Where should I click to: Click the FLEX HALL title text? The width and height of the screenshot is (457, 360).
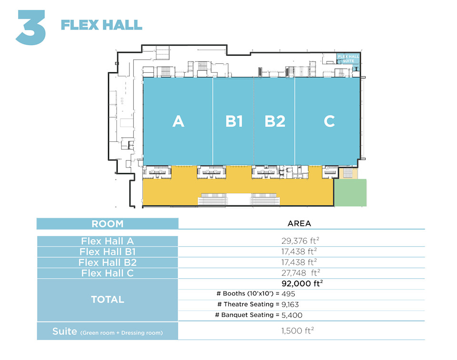click(101, 25)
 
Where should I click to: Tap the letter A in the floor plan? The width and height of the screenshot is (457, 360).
click(178, 121)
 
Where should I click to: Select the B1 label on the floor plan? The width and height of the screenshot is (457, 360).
click(234, 121)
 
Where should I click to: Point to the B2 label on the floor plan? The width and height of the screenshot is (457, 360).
click(275, 121)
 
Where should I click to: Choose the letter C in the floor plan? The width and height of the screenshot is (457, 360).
click(329, 121)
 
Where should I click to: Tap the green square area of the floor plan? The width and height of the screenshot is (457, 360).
click(350, 193)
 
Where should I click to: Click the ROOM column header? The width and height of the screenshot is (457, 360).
click(107, 224)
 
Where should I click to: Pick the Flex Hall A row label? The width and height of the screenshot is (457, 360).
click(107, 241)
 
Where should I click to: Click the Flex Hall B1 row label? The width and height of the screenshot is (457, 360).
click(107, 252)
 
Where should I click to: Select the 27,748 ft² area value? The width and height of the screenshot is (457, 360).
click(299, 272)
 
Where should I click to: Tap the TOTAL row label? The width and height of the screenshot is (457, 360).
click(108, 300)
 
